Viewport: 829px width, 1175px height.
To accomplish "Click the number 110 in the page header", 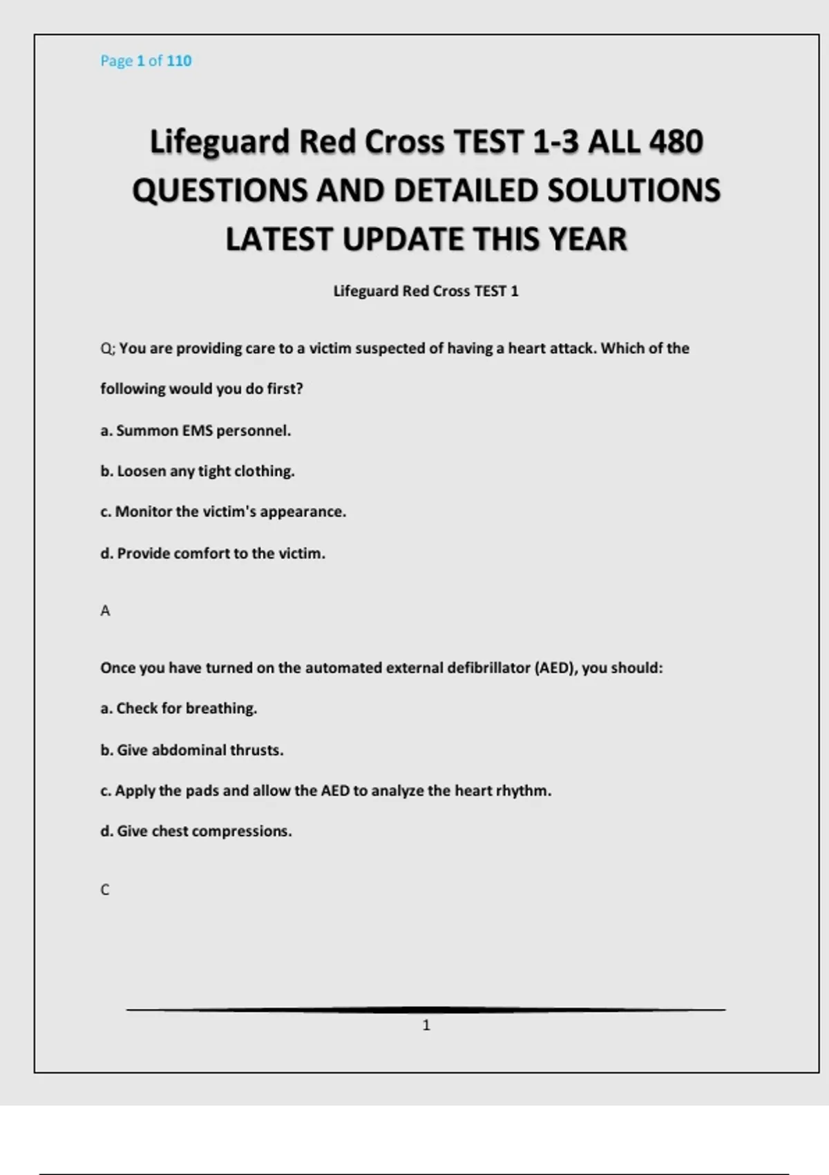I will point(179,61).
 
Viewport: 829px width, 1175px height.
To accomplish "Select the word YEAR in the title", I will point(587,240).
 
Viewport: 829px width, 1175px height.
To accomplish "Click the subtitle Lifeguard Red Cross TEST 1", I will point(426,291).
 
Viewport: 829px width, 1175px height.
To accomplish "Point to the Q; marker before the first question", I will point(108,349).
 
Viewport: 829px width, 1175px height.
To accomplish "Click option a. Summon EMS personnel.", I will point(196,431).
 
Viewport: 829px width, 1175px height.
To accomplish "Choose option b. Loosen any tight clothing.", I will point(198,471).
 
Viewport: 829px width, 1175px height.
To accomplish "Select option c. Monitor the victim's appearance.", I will point(223,512).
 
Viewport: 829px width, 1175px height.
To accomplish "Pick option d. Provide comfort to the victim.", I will point(213,554).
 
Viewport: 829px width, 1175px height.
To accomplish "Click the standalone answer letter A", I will point(105,611).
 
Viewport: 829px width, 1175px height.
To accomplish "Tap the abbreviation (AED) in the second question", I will point(556,668).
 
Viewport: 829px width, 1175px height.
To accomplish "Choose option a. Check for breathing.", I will point(179,708).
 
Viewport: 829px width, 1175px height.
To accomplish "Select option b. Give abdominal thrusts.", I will point(192,750).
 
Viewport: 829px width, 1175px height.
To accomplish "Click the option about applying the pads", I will point(326,791).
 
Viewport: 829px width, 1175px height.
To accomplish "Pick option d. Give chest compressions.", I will point(196,831).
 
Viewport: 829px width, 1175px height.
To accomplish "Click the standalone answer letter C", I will point(105,890).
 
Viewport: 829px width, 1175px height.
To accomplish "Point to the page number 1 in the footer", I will point(426,1026).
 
